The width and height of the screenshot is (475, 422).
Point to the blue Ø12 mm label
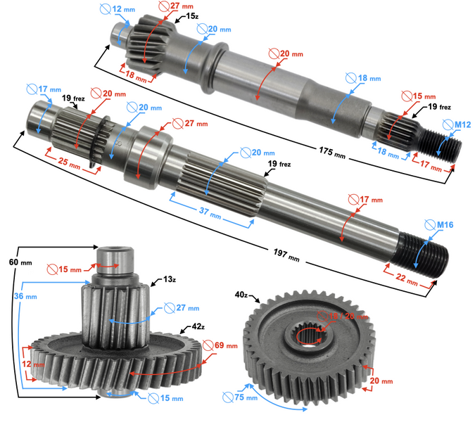(115, 9)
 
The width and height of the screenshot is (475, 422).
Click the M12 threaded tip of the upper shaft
(443, 144)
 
